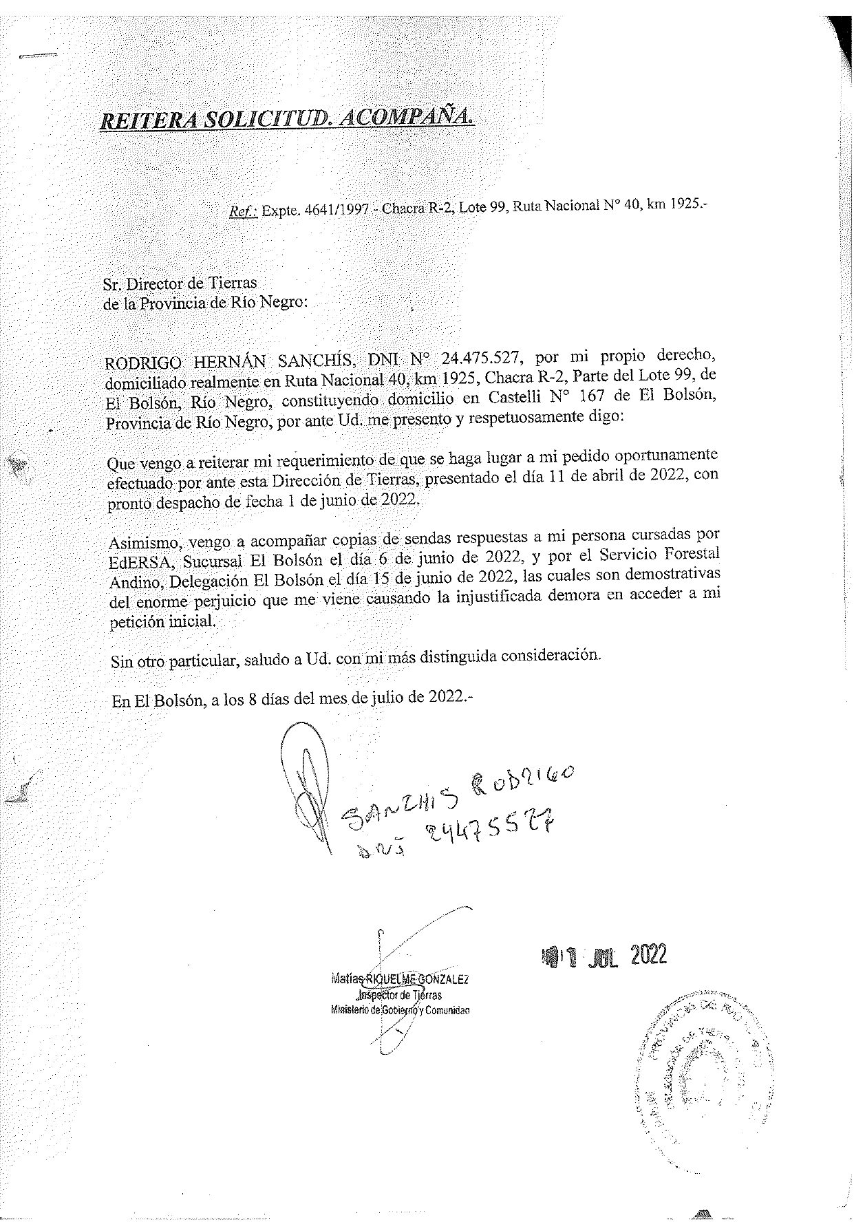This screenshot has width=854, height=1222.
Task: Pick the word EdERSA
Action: coord(138,560)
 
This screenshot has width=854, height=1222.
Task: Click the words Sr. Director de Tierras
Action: coord(180,283)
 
